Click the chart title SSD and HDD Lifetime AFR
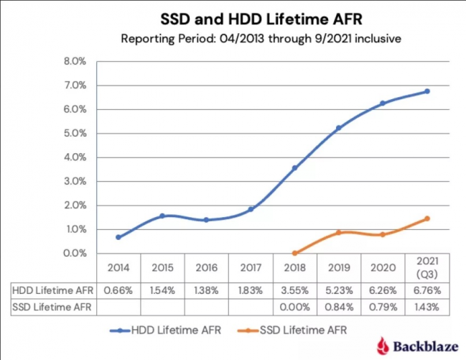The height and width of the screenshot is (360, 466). pyautogui.click(x=233, y=16)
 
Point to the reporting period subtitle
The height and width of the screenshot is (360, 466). pyautogui.click(x=233, y=37)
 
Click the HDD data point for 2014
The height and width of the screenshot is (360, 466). pyautogui.click(x=118, y=237)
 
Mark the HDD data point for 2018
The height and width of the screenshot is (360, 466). pyautogui.click(x=294, y=168)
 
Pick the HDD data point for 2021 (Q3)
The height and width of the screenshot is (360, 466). pyautogui.click(x=427, y=91)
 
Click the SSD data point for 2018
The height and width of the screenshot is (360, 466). pyautogui.click(x=294, y=253)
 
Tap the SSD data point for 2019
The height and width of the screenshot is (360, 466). pyautogui.click(x=339, y=233)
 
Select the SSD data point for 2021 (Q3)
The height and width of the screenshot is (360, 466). pyautogui.click(x=427, y=218)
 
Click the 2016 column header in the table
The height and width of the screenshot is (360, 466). pyautogui.click(x=207, y=267)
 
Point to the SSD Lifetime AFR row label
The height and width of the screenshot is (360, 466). pyautogui.click(x=53, y=307)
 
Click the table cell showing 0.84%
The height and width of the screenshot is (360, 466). pyautogui.click(x=339, y=307)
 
